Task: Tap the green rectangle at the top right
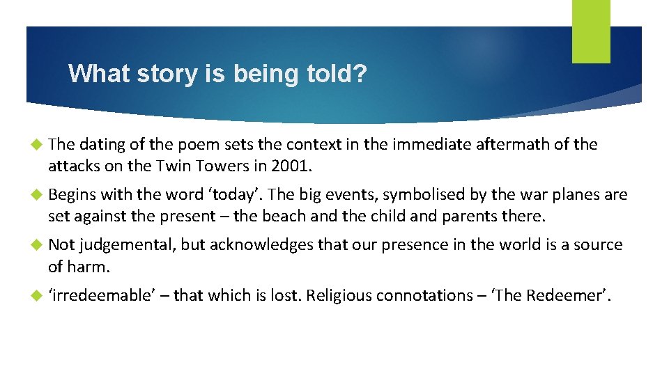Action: pos(591,31)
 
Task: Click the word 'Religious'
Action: pos(340,295)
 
